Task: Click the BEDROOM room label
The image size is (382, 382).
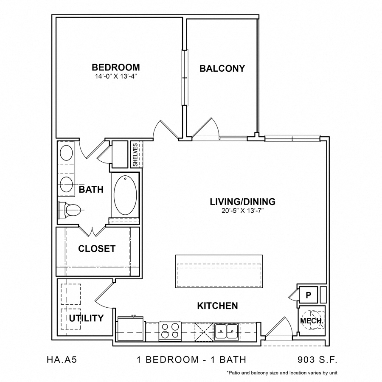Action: tap(116, 67)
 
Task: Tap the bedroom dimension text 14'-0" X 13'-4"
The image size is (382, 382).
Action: tap(116, 76)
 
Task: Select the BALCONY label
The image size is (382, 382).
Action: tap(222, 68)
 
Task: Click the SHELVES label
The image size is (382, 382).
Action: tap(136, 154)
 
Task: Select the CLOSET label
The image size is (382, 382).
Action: tap(97, 249)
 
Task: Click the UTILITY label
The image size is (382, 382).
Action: tap(87, 318)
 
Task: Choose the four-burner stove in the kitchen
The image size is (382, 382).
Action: tap(170, 330)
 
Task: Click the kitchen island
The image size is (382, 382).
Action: tap(219, 271)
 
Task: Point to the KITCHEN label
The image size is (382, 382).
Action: tap(217, 306)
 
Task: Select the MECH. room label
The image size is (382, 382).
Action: tap(312, 321)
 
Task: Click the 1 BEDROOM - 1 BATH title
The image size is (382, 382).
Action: tap(191, 360)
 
